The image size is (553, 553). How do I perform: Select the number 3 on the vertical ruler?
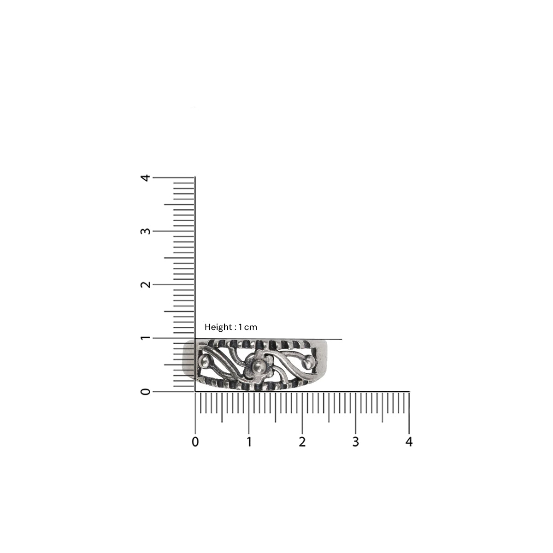146,231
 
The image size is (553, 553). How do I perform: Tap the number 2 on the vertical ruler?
146,284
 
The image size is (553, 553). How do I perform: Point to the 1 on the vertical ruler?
146,338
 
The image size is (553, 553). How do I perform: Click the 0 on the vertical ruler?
146,391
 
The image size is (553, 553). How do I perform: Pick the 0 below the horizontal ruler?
195,442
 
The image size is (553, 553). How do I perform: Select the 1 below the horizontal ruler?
249,442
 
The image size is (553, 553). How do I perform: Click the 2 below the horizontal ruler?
302,442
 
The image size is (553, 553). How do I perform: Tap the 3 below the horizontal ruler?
356,442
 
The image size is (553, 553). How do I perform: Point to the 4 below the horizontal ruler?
409,442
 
